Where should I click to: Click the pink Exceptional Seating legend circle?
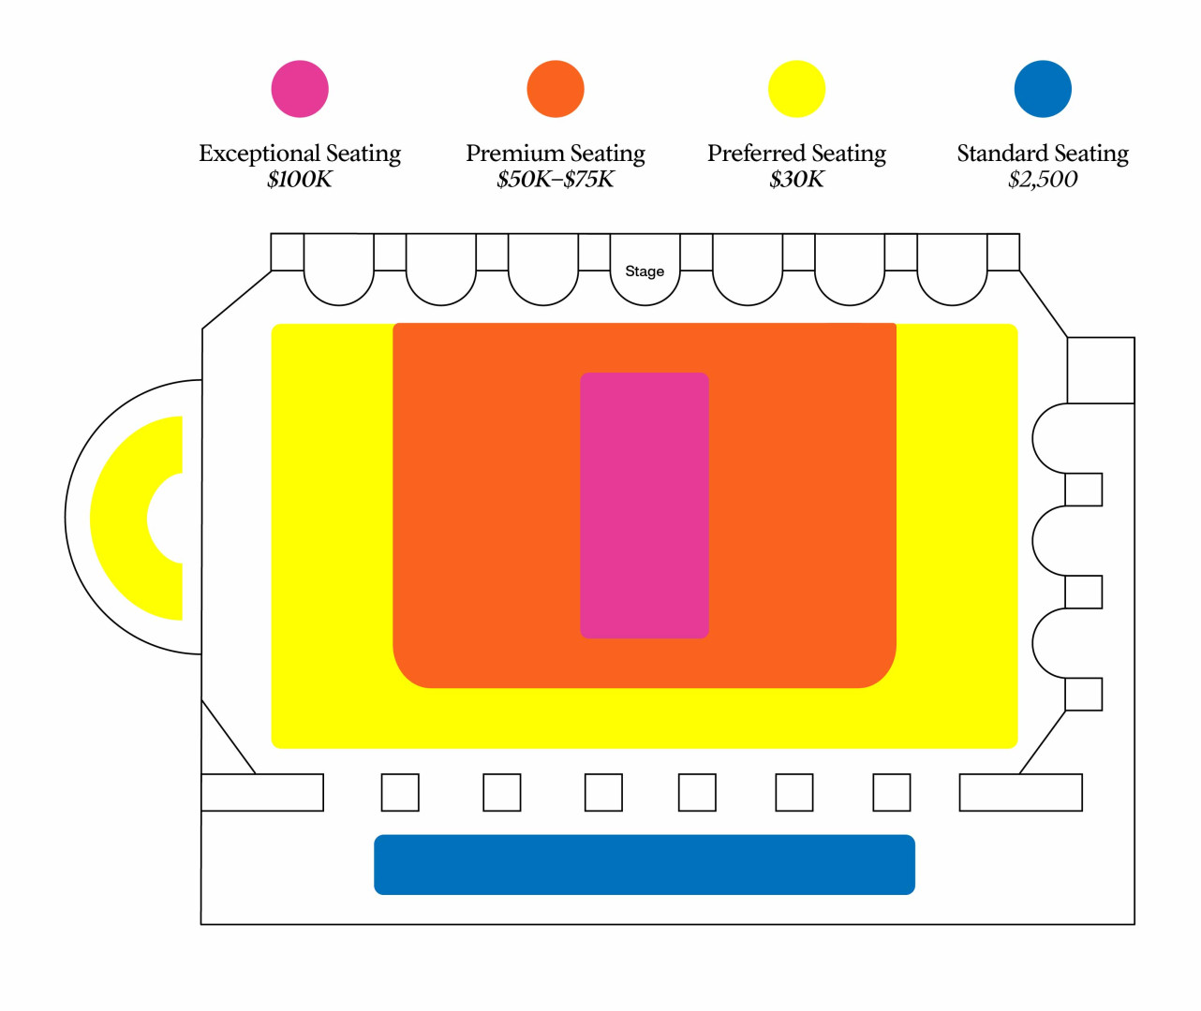[300, 89]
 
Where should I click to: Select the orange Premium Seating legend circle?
[556, 89]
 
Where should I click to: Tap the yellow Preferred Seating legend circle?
[796, 89]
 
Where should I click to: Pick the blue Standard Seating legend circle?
[1043, 89]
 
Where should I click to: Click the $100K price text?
[300, 180]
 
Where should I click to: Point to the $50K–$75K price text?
[556, 180]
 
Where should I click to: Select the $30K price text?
[796, 180]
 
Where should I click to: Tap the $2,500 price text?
[1043, 180]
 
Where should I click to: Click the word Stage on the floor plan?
[645, 271]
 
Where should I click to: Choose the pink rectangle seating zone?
[645, 505]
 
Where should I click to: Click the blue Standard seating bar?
[645, 865]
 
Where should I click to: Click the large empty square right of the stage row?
[1101, 371]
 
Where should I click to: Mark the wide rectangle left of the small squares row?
[262, 792]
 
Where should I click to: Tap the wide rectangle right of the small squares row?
[1021, 792]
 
